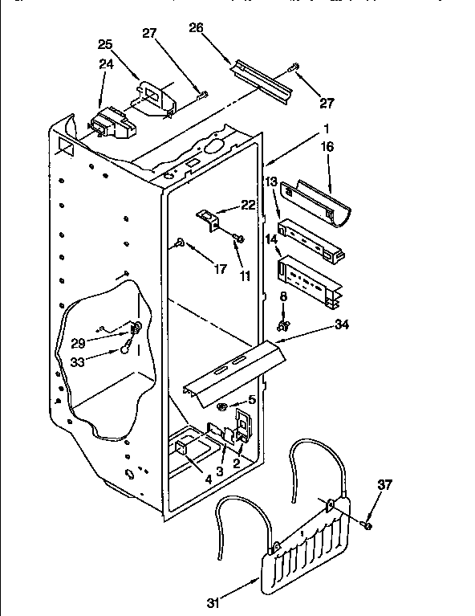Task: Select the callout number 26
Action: [x=197, y=28]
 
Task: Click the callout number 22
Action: [x=249, y=206]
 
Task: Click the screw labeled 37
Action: [x=366, y=524]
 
